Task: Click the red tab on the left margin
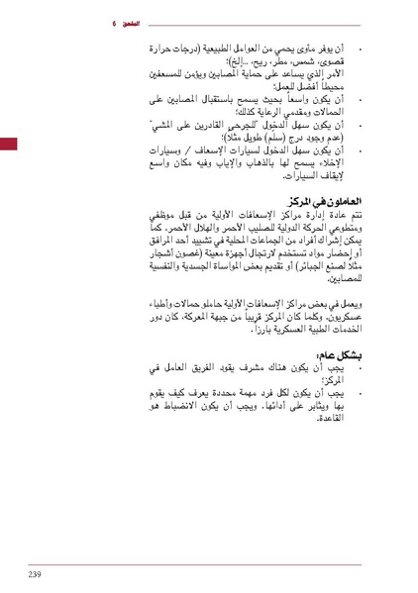pos(8,145)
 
